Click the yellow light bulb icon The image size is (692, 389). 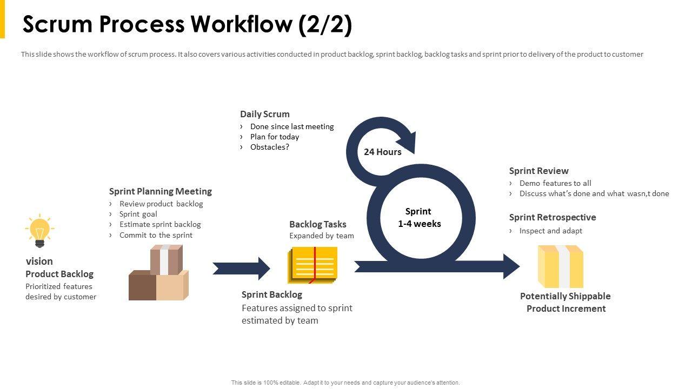tap(39, 230)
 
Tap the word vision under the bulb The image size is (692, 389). tap(39, 261)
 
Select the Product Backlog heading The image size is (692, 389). tap(59, 274)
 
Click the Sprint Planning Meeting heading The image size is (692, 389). tap(161, 191)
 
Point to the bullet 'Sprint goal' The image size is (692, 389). tap(138, 214)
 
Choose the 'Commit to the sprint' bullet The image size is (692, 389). tap(156, 235)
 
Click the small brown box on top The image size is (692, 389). tap(166, 260)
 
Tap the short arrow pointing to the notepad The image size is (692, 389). tap(241, 269)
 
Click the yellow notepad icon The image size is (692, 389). tap(312, 265)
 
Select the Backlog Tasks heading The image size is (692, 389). tap(317, 224)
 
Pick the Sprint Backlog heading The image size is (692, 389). tap(272, 294)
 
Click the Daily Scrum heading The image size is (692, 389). tap(265, 114)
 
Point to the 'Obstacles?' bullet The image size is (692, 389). tap(270, 147)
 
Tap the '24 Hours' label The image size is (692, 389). tap(382, 152)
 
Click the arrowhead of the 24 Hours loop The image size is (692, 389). tap(408, 143)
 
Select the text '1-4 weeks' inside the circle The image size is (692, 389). tap(419, 224)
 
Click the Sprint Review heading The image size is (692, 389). tap(538, 171)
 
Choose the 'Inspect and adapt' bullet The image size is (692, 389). tap(550, 231)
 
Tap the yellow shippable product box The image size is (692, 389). tap(561, 266)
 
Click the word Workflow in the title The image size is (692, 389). tap(241, 24)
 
